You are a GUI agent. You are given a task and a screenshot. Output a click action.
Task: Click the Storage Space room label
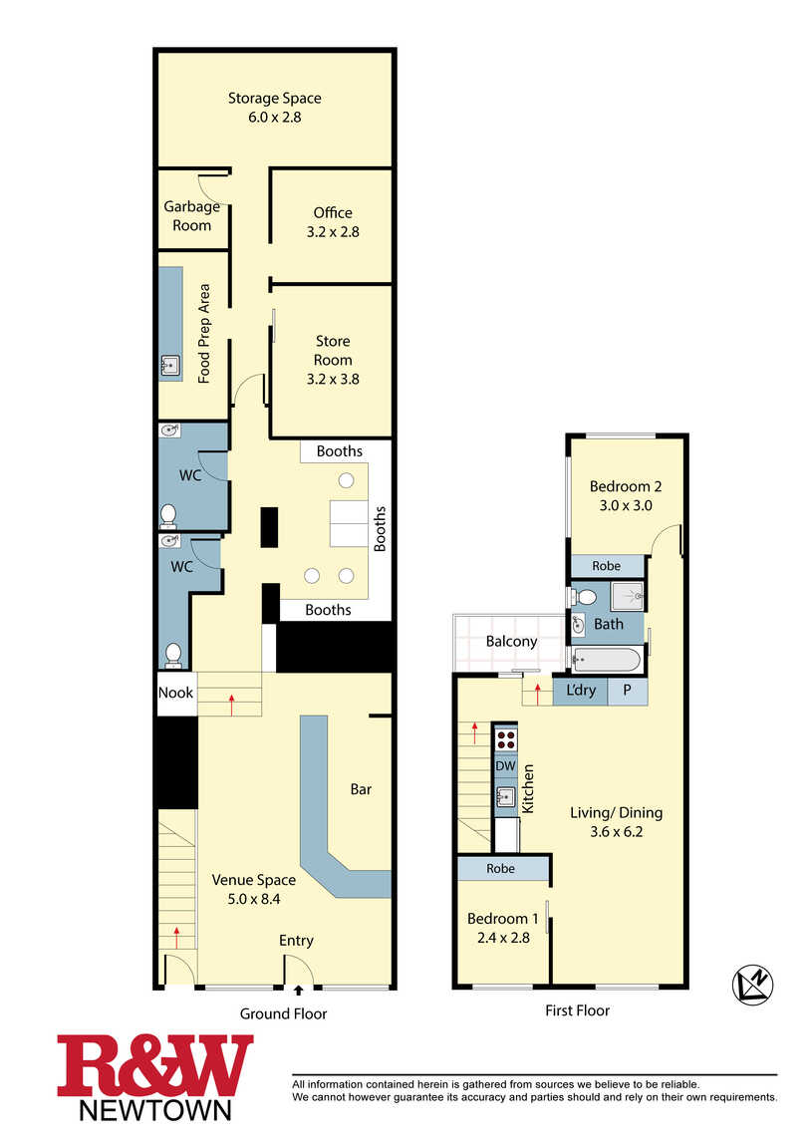274,98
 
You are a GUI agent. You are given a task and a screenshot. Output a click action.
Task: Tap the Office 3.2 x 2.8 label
333,222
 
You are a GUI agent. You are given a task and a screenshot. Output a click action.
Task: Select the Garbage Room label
191,215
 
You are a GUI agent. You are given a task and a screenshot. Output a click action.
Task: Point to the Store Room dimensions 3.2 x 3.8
333,379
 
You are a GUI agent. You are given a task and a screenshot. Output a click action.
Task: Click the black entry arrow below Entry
298,991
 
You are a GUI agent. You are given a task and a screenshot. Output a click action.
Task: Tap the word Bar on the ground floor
361,789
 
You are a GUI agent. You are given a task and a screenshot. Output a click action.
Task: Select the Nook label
176,693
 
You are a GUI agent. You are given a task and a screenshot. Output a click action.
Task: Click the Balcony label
511,641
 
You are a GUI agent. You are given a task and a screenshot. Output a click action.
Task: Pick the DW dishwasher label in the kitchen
505,766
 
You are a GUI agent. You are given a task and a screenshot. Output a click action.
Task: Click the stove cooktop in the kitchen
505,738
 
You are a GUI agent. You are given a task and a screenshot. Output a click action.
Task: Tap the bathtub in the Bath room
606,661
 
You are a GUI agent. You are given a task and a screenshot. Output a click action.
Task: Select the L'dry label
581,690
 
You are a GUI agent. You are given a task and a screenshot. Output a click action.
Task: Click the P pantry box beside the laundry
627,691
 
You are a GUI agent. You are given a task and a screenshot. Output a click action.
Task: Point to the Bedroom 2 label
626,486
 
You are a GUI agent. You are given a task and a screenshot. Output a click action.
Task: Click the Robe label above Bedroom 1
500,868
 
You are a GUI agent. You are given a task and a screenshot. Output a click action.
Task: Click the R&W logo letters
154,1065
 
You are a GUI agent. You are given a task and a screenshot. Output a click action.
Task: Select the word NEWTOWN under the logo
154,1111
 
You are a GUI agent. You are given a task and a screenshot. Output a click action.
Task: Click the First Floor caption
577,1010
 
